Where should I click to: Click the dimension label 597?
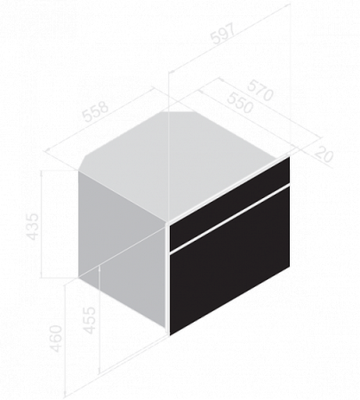(x=223, y=33)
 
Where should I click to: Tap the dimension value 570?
(x=260, y=90)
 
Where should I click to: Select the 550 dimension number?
(x=240, y=102)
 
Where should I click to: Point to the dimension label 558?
(x=95, y=111)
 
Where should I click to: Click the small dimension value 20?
(x=324, y=154)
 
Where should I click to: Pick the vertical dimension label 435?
(x=33, y=227)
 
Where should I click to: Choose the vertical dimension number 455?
(x=90, y=320)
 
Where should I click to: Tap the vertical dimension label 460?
(x=56, y=339)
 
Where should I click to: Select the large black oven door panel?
(x=229, y=260)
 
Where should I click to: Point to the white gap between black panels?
(x=229, y=219)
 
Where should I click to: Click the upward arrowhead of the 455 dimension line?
(x=100, y=268)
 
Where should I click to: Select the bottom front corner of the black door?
(x=170, y=335)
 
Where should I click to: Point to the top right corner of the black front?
(x=289, y=157)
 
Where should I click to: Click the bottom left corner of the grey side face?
(x=79, y=277)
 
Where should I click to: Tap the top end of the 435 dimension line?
(x=42, y=171)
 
